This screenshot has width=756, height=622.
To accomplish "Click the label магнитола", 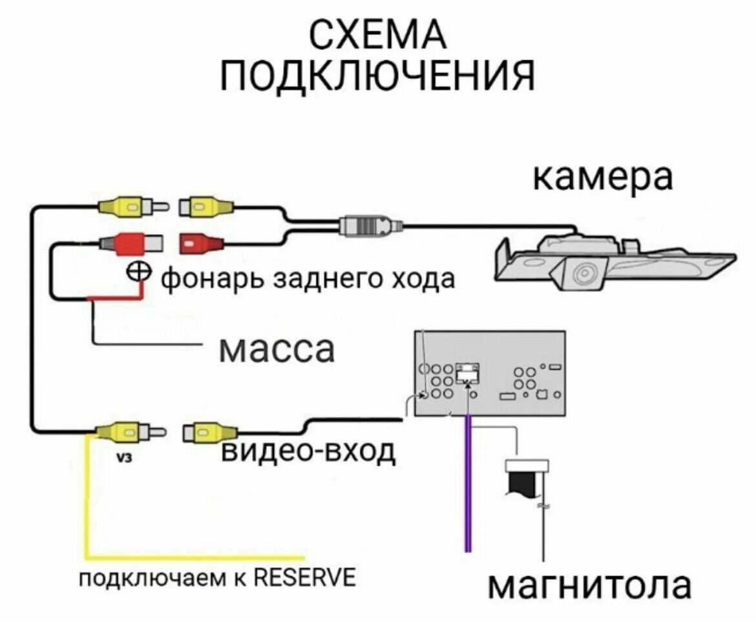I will click(589, 586).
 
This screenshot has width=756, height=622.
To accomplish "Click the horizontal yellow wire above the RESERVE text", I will click(194, 555).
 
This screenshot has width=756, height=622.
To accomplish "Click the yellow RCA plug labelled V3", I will click(127, 431).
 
